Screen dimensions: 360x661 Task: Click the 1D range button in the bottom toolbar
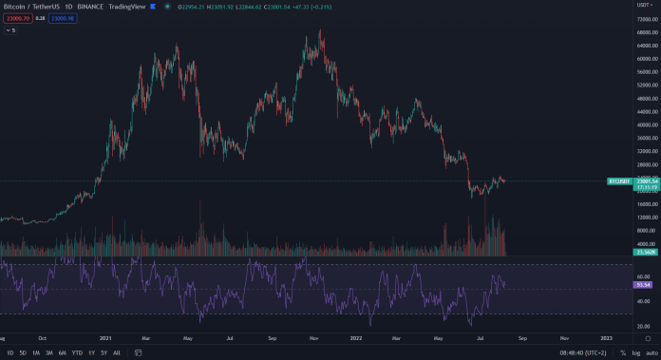9,353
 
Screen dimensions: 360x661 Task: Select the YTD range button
77,353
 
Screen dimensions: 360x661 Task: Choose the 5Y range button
104,353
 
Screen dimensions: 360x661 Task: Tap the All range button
117,353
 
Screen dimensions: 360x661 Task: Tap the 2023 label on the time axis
605,337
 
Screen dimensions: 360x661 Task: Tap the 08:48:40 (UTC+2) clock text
582,353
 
